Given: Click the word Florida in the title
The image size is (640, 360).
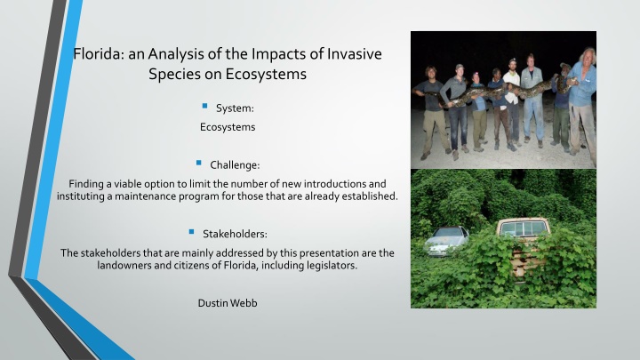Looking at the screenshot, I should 98,55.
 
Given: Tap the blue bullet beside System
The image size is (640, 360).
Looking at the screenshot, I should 205,107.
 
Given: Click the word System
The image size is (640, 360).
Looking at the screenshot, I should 235,108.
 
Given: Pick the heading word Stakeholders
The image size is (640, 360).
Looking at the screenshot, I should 235,235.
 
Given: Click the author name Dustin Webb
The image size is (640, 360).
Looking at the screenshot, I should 228,304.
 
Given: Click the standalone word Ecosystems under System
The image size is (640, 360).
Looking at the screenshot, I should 228,128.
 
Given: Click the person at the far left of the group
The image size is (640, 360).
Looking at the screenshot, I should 433,111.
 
